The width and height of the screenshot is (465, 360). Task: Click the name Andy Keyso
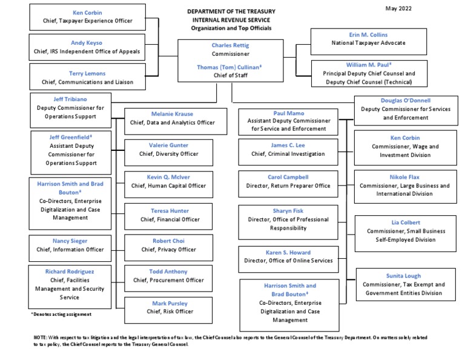pyautogui.click(x=87, y=42)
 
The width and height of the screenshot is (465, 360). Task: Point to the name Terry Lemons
pyautogui.click(x=87, y=73)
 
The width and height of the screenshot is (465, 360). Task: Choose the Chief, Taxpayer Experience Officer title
pyautogui.click(x=87, y=21)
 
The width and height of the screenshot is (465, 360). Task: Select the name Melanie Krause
pyautogui.click(x=169, y=113)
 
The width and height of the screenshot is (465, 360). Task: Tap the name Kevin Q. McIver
pyautogui.click(x=169, y=177)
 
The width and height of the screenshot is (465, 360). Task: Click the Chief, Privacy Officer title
pyautogui.click(x=169, y=249)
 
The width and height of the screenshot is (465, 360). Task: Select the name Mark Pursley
pyautogui.click(x=169, y=303)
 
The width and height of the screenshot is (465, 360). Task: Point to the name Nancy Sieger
pyautogui.click(x=70, y=241)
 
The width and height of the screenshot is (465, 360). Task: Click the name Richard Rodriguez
pyautogui.click(x=70, y=272)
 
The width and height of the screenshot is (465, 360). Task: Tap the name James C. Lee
pyautogui.click(x=288, y=145)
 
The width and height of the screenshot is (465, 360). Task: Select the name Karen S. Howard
pyautogui.click(x=288, y=252)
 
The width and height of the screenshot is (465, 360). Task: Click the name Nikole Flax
pyautogui.click(x=406, y=176)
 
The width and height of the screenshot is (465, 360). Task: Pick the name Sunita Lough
pyautogui.click(x=404, y=276)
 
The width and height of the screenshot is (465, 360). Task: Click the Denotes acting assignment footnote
pyautogui.click(x=61, y=314)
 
